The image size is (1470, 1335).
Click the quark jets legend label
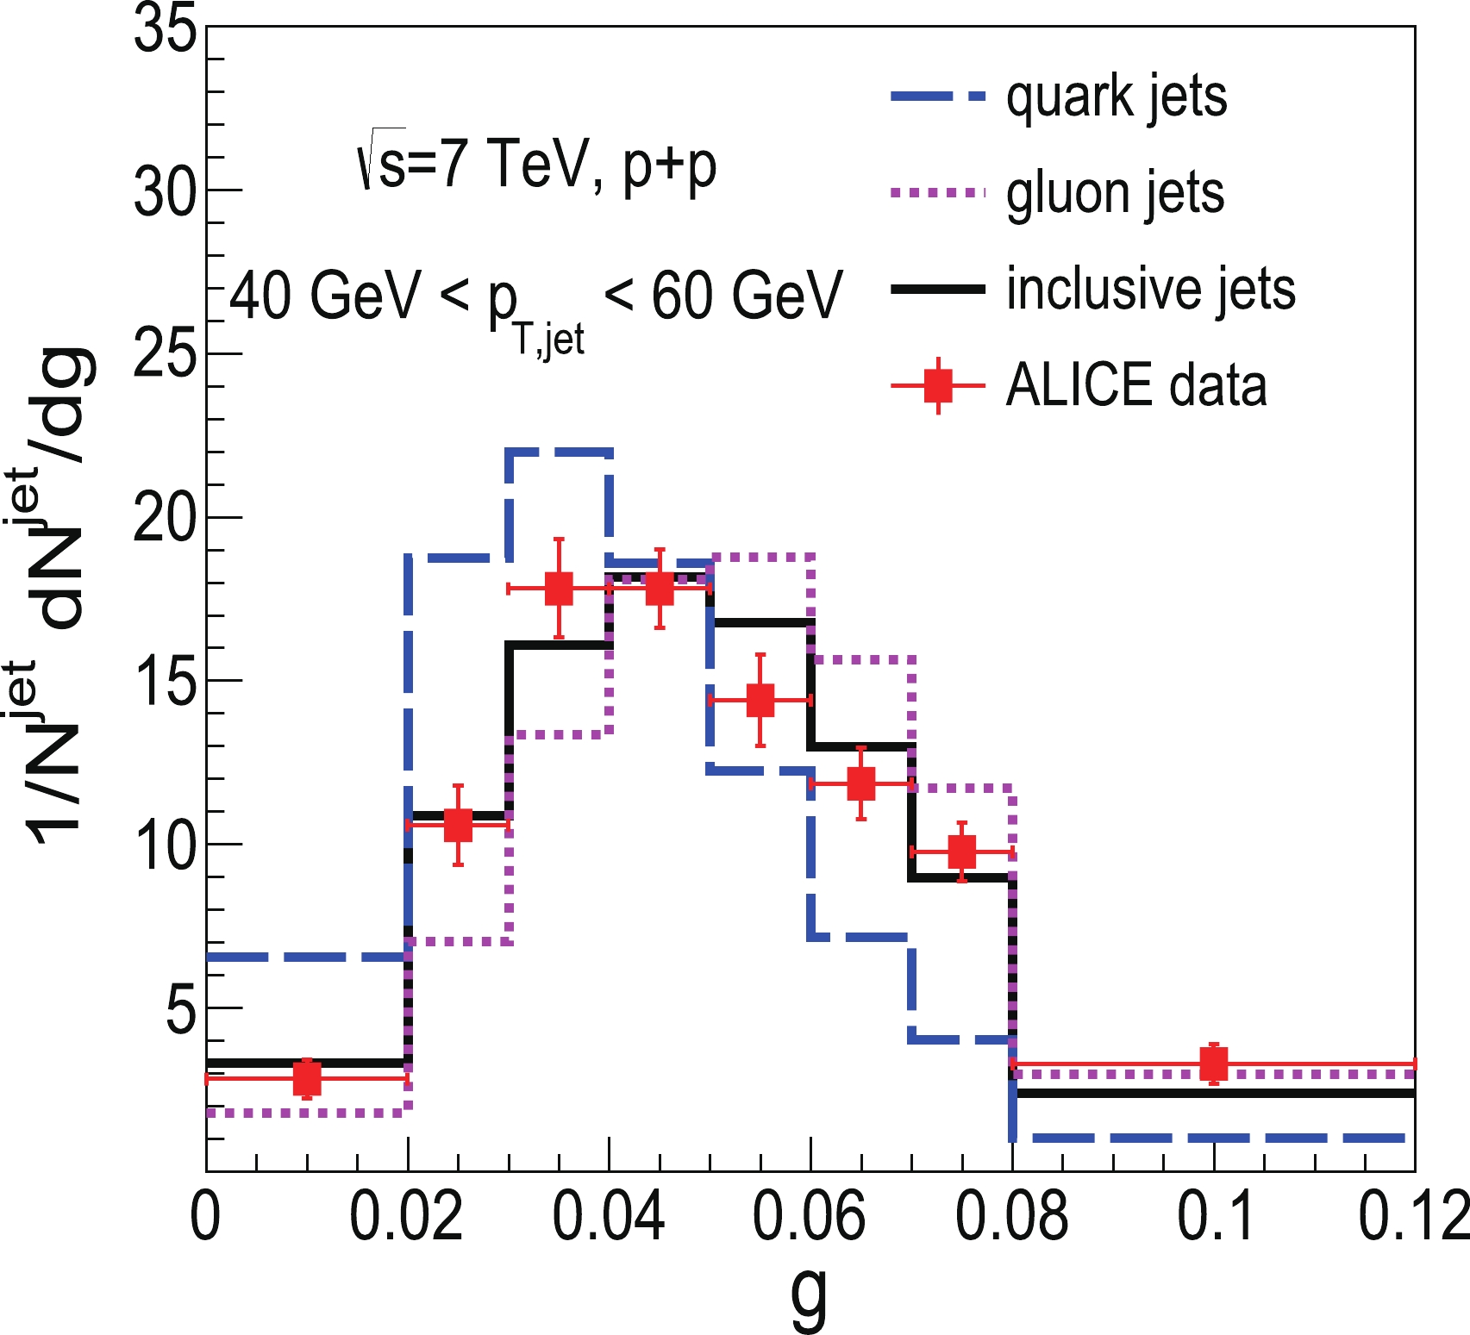1116,97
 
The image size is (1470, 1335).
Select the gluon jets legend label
1115,193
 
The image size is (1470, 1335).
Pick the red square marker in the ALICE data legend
938,385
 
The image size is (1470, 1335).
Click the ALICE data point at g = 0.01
307,1078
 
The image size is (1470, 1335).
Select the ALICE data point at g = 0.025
459,825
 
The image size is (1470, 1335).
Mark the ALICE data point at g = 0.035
559,589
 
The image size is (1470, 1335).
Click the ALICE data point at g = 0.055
760,700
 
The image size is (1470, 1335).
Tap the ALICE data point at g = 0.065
860,783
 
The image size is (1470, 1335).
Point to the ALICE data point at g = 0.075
961,852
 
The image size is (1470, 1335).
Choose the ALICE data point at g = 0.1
1213,1064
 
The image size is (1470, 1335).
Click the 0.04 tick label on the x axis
608,1217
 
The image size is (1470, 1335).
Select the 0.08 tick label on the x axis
1011,1217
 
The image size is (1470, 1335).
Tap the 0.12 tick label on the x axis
1412,1217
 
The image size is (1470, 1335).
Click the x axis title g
809,1297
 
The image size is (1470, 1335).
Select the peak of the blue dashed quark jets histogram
560,451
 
